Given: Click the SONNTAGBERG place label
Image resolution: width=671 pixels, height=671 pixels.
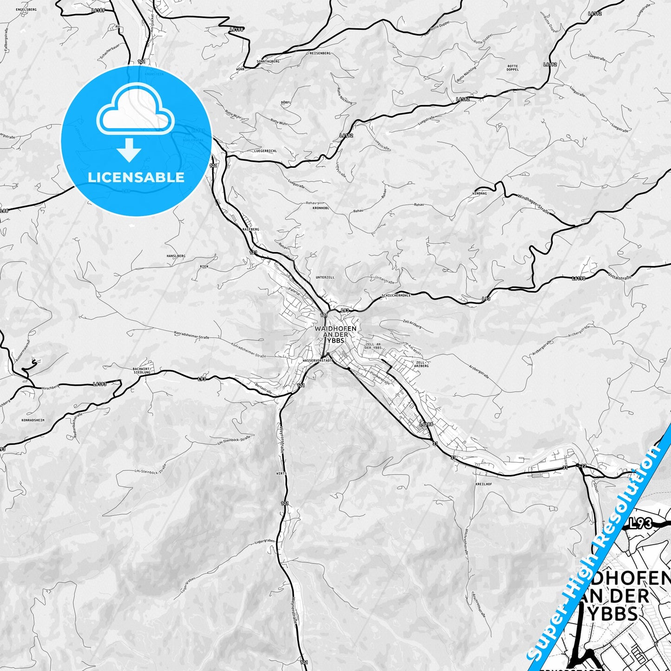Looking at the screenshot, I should pos(268,61).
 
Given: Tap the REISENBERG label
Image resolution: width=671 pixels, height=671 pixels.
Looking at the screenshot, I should pos(320,53).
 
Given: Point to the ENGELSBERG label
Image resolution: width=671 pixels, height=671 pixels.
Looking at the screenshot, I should pos(26,9).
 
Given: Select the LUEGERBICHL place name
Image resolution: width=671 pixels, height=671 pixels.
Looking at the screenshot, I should pos(266,151).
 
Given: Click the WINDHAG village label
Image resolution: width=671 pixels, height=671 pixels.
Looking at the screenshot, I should pos(479,193).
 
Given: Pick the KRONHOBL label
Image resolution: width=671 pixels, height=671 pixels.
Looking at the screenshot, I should pos(321,208).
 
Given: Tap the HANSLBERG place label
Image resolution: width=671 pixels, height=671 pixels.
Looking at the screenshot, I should pos(176,256).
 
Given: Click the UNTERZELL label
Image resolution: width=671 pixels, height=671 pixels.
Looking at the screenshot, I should pos(325,277).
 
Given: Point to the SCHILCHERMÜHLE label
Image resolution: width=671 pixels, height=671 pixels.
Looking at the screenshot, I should pos(396,295).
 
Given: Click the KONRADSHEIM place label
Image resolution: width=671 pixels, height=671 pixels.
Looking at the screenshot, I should pos(33,420).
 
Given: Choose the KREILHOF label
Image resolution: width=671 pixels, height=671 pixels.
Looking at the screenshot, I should pos(483,484).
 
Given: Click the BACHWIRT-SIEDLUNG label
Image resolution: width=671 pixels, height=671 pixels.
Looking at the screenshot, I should pos(142,370).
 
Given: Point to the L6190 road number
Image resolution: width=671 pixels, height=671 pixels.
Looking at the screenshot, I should pos(579,279).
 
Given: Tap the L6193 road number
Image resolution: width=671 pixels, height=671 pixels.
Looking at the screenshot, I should pos(99,384).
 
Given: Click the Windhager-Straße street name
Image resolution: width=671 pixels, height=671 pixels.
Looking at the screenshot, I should pos(534,203).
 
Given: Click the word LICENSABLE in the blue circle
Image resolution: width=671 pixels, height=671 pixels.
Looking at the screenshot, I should pos(136,177).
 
